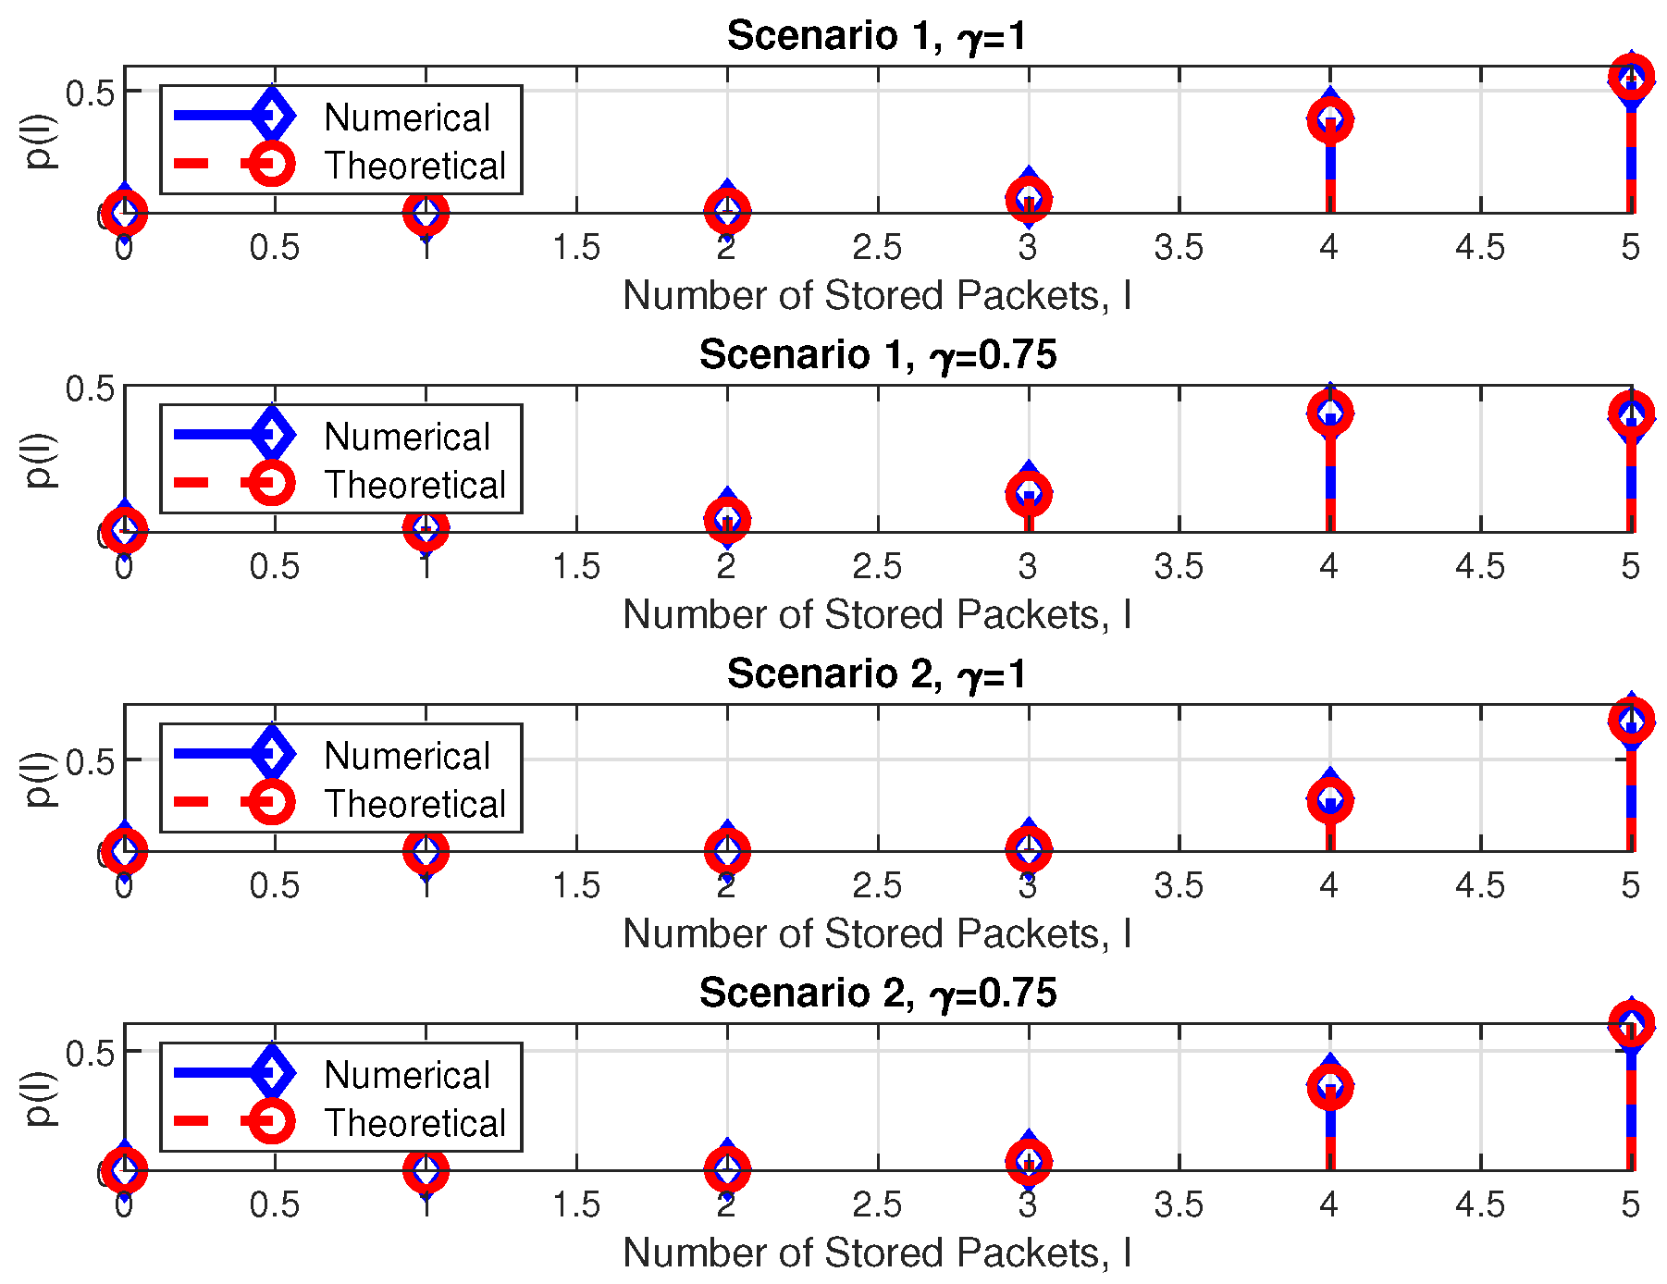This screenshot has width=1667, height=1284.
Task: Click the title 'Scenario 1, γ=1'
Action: click(x=876, y=36)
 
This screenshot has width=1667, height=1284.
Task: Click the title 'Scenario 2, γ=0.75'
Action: click(x=876, y=994)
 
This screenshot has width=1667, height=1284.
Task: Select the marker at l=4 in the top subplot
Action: click(x=1330, y=119)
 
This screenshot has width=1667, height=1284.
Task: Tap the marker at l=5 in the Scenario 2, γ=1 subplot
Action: click(x=1631, y=720)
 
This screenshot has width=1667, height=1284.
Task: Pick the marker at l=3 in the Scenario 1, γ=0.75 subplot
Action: click(x=1029, y=494)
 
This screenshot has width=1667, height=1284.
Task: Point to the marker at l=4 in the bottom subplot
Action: click(x=1330, y=1086)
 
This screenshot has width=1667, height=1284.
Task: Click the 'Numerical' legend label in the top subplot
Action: click(x=407, y=117)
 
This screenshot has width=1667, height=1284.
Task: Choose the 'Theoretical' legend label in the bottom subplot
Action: click(x=414, y=1123)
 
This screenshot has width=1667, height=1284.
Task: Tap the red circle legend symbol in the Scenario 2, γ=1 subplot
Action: click(x=272, y=802)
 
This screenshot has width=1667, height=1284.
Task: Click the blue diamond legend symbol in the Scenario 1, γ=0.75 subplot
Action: click(x=272, y=434)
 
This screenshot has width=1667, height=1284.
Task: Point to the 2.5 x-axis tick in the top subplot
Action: click(x=877, y=247)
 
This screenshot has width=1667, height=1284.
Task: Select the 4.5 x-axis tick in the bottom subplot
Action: click(x=1480, y=1204)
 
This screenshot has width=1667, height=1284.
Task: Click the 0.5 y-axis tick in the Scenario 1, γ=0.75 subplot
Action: click(x=90, y=389)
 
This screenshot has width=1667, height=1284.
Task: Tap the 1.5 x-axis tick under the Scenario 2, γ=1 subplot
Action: click(x=576, y=885)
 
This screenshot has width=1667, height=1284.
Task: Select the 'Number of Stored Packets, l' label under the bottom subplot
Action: click(x=876, y=1253)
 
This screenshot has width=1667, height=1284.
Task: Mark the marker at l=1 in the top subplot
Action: click(x=426, y=213)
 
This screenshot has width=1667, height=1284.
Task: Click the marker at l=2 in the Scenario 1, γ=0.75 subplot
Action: click(x=727, y=519)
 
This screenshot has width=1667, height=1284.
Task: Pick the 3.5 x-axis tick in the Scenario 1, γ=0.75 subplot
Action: click(x=1179, y=566)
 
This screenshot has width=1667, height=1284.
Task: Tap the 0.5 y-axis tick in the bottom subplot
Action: click(x=90, y=1053)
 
